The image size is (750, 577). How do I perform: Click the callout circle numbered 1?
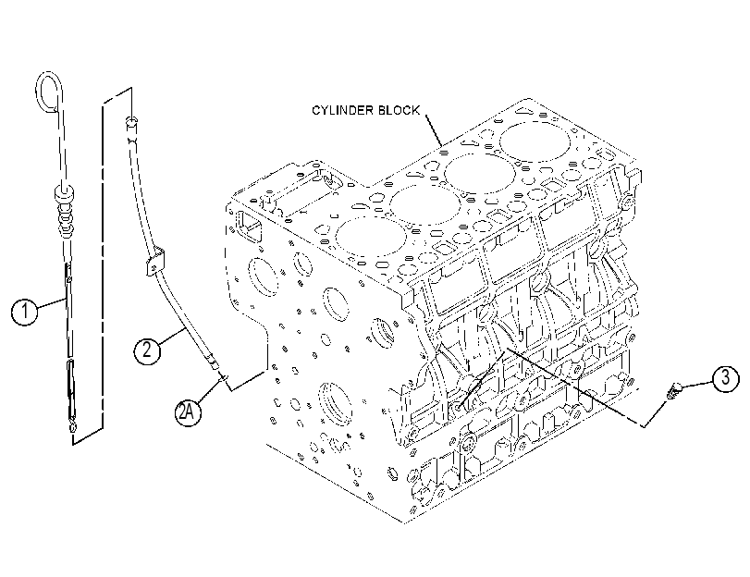(24, 312)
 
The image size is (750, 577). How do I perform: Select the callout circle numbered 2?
(147, 350)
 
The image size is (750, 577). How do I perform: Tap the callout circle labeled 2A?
(187, 411)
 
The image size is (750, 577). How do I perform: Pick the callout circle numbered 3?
(725, 378)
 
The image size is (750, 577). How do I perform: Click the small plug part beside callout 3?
(674, 391)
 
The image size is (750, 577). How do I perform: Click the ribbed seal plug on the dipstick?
(65, 211)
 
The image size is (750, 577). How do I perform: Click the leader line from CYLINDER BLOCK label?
(434, 129)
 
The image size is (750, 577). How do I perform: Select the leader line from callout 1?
(52, 303)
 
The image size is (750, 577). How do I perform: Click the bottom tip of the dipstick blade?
(72, 426)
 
